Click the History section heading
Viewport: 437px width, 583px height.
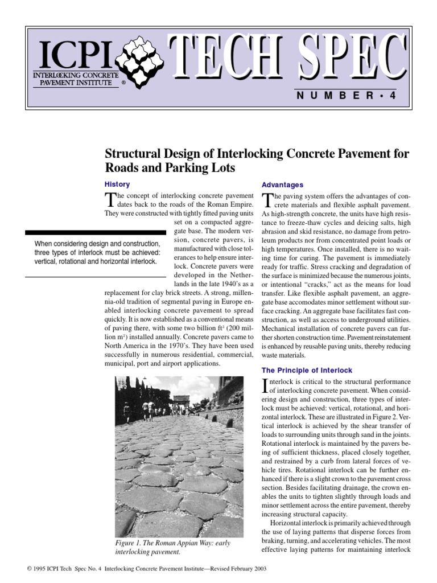click(117, 184)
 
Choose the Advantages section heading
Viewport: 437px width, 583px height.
click(282, 185)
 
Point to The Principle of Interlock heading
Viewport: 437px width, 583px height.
click(307, 370)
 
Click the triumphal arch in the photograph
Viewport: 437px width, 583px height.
click(182, 403)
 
